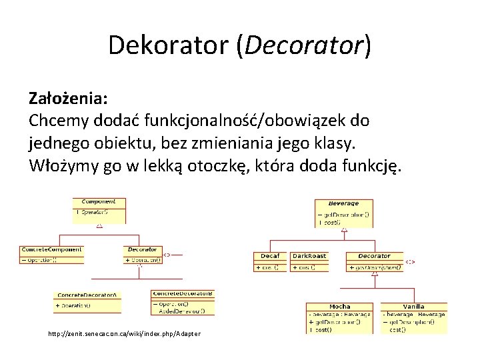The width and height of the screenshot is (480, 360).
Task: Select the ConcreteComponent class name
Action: click(x=52, y=249)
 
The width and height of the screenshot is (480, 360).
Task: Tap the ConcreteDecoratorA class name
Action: click(x=87, y=295)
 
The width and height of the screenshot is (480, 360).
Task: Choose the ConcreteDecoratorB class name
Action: click(x=183, y=293)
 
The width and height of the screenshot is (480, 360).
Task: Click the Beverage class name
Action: click(x=343, y=203)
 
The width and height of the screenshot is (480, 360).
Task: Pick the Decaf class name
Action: click(x=270, y=256)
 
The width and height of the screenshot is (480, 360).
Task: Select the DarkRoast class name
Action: click(x=309, y=256)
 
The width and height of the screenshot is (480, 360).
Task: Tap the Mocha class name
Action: click(x=340, y=307)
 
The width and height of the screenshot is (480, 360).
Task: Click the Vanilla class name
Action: click(x=414, y=307)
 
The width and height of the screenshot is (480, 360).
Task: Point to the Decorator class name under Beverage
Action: click(x=374, y=256)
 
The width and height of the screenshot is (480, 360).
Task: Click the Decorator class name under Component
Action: click(x=142, y=249)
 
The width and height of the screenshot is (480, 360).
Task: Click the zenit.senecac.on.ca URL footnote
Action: click(x=124, y=333)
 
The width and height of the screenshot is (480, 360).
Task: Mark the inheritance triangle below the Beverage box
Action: click(x=344, y=230)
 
